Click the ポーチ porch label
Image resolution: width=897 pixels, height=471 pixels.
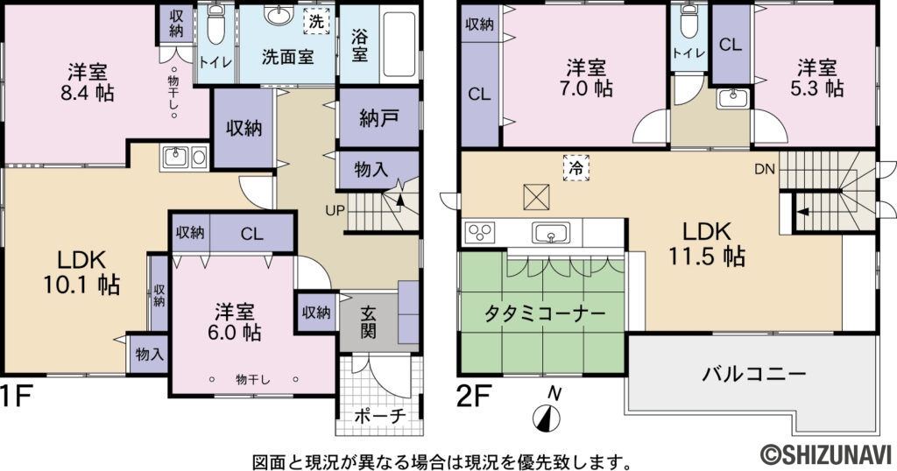click(380, 417)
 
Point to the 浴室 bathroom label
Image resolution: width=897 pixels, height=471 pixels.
click(360, 46)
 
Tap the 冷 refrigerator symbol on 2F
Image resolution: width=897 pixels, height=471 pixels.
click(576, 165)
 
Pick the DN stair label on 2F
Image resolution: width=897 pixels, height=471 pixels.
click(764, 169)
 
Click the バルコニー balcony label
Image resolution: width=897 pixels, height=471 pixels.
click(753, 375)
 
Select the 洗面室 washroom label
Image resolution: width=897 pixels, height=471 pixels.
click(287, 55)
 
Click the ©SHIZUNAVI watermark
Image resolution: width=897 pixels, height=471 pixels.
click(825, 452)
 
